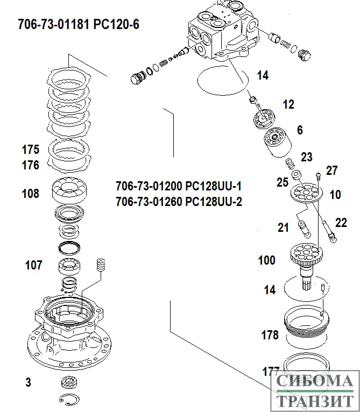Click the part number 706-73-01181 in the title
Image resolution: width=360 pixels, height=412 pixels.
pyautogui.click(x=53, y=25)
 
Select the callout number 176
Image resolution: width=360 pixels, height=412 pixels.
pyautogui.click(x=31, y=165)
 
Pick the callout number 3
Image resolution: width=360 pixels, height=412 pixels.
pyautogui.click(x=28, y=382)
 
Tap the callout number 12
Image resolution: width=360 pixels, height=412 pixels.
pyautogui.click(x=288, y=104)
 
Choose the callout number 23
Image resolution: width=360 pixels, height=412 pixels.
pyautogui.click(x=306, y=157)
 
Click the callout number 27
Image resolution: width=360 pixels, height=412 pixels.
pyautogui.click(x=331, y=171)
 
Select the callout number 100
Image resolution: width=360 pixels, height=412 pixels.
pyautogui.click(x=267, y=261)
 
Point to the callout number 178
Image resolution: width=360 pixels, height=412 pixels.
pyautogui.click(x=270, y=336)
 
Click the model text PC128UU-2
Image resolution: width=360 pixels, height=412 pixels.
pyautogui.click(x=214, y=202)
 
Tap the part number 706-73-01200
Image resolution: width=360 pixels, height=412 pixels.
pyautogui.click(x=149, y=187)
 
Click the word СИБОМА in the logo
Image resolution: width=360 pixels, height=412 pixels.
pyautogui.click(x=316, y=382)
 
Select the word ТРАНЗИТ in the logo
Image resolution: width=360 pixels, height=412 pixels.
pyautogui.click(x=316, y=401)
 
